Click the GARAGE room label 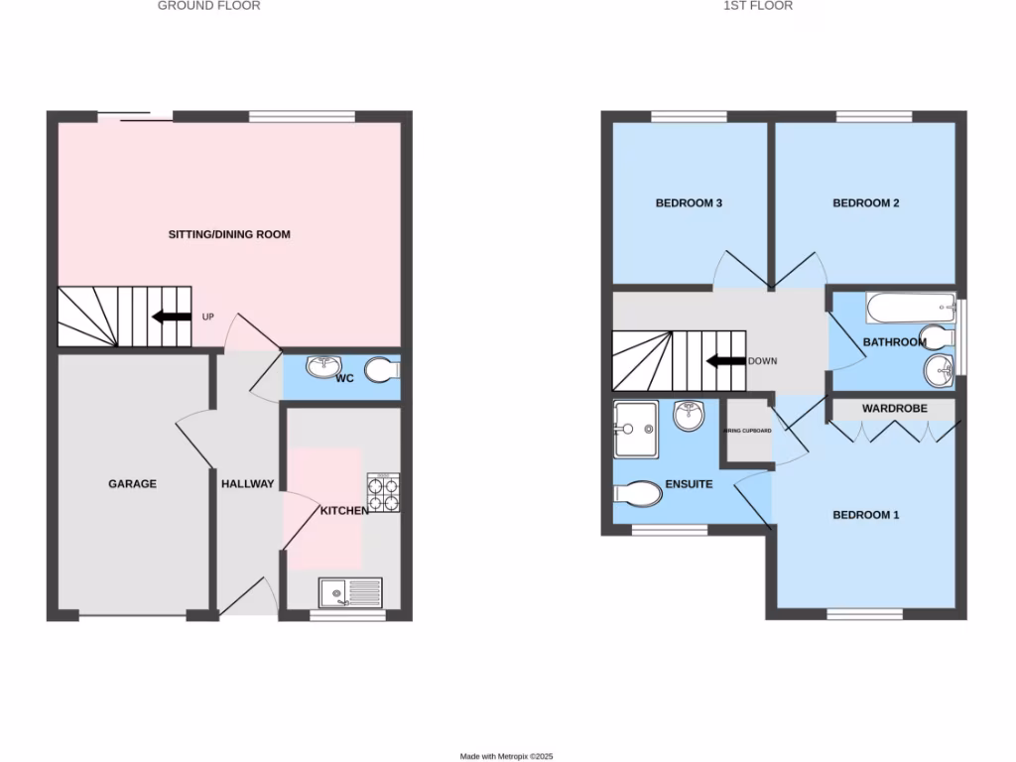(x=132, y=484)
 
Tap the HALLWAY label (x=247, y=484)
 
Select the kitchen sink (x=350, y=593)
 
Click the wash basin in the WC (x=322, y=368)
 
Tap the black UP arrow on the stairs (x=171, y=317)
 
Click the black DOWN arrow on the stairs (x=724, y=361)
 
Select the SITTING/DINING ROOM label (x=228, y=235)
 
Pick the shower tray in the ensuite (x=635, y=429)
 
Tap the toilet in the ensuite (x=639, y=492)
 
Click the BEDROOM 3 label (x=689, y=203)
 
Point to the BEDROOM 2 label (x=865, y=203)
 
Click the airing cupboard (x=748, y=431)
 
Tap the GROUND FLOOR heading (x=209, y=6)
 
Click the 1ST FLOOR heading (x=758, y=6)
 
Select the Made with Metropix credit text (x=506, y=756)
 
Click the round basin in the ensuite (x=689, y=415)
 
